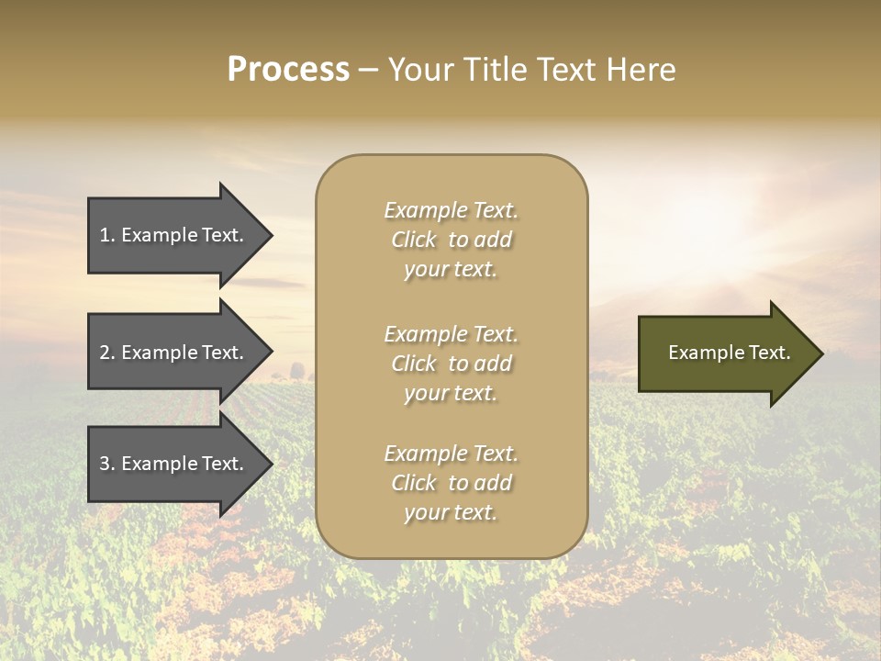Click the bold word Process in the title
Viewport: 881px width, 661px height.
(x=288, y=70)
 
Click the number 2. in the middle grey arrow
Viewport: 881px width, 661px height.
(x=107, y=353)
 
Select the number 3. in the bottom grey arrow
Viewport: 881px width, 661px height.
(x=107, y=464)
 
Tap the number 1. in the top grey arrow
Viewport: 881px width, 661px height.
(x=107, y=235)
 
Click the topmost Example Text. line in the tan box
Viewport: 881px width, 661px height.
(x=451, y=210)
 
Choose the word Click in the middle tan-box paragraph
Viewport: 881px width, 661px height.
(x=413, y=364)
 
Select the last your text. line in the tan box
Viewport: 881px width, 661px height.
(x=451, y=512)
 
